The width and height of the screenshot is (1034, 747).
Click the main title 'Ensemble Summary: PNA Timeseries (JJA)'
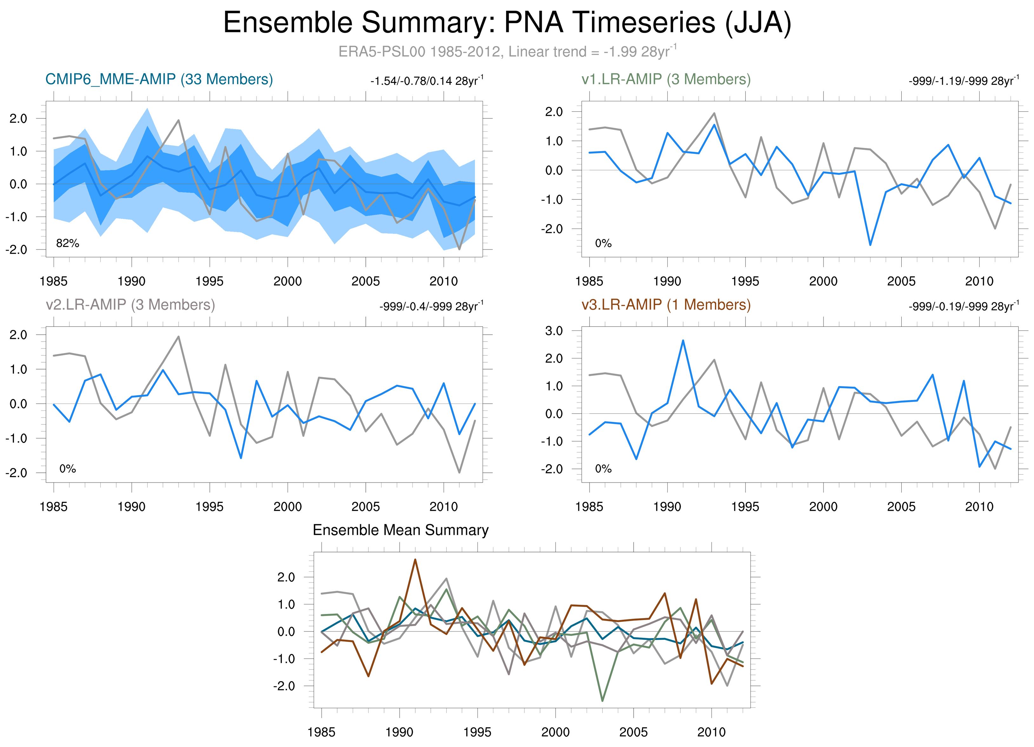[507, 23]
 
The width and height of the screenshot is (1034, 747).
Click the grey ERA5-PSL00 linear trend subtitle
[507, 51]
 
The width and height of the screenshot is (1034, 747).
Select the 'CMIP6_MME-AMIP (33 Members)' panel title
[159, 79]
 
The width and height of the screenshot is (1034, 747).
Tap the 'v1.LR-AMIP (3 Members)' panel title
[666, 79]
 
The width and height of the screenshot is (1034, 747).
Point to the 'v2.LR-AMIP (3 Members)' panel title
[130, 304]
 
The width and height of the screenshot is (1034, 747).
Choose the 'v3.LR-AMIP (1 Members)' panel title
[666, 304]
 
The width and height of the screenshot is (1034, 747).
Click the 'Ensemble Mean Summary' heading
[400, 530]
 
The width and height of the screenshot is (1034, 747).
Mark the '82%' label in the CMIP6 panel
[68, 243]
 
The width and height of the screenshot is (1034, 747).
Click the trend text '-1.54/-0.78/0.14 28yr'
[426, 81]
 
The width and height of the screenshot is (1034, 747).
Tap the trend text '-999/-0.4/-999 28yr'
[431, 306]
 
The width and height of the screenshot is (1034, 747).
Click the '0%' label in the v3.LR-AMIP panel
[603, 469]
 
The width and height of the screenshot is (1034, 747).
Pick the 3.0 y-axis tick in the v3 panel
[554, 331]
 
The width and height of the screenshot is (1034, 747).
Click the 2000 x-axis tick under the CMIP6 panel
[287, 281]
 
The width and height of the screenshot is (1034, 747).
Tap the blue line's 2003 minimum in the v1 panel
[870, 245]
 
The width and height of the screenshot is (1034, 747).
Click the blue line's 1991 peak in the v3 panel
[683, 340]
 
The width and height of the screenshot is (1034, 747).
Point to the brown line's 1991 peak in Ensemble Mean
[415, 559]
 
